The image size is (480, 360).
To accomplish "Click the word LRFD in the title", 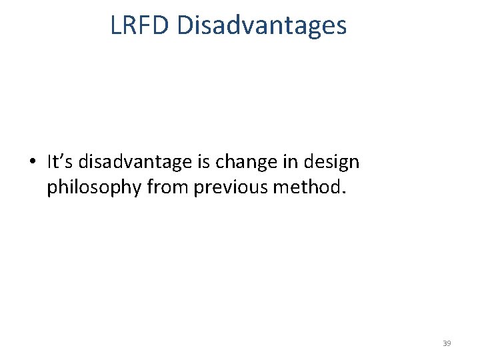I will point(141,25).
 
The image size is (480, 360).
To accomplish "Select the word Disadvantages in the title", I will point(262,25).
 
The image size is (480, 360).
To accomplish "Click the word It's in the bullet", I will point(61,161).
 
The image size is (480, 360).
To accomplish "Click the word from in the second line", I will point(167,188).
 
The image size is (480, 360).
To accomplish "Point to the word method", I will point(307,188).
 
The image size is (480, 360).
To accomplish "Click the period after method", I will point(344,193).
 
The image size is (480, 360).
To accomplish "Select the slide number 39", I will point(447,343).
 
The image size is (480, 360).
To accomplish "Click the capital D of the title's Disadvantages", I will point(185,25).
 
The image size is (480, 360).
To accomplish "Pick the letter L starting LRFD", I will point(115,25).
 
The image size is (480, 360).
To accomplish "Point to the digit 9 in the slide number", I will point(449,343).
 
